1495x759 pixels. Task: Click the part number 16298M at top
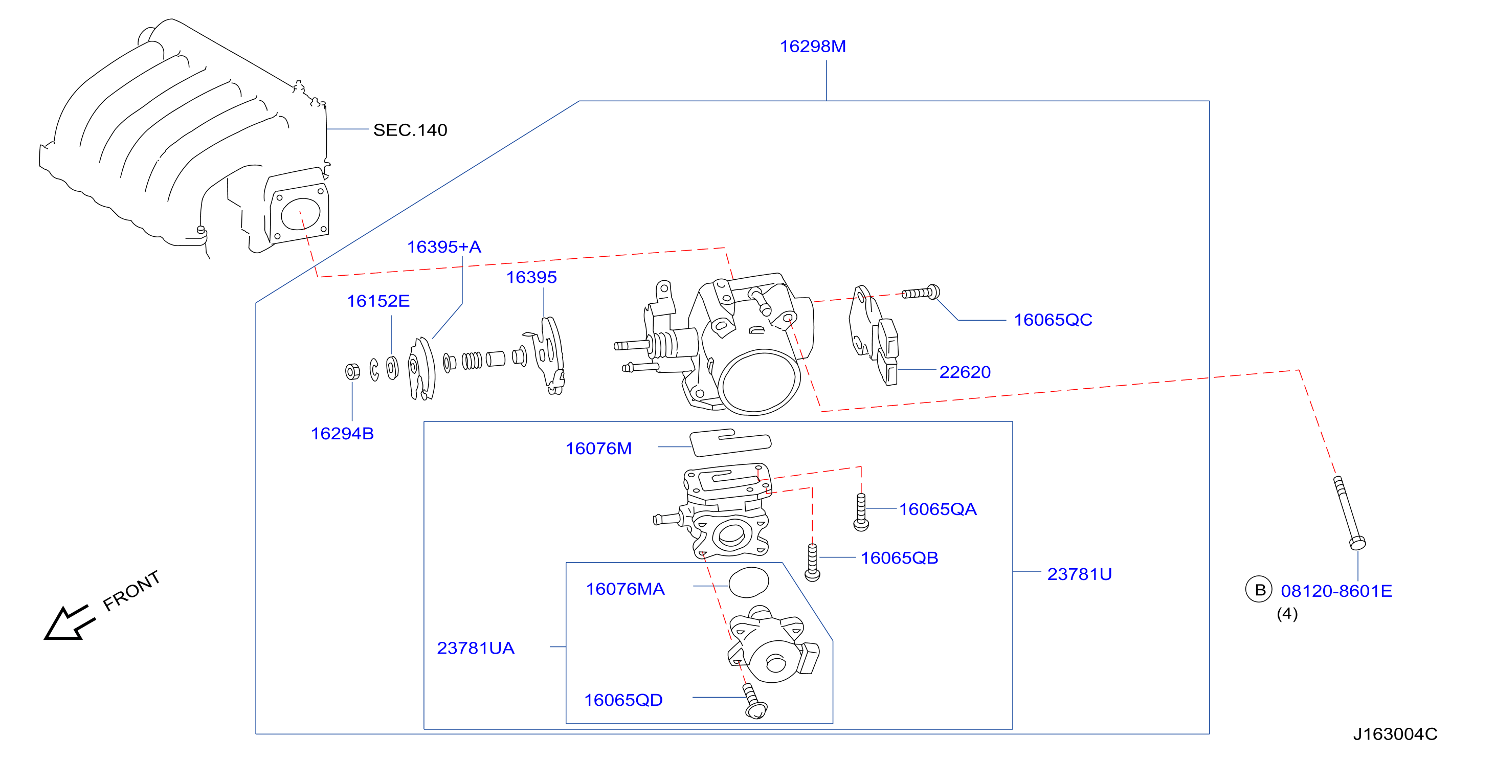tap(813, 47)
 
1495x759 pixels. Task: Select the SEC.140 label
tap(410, 130)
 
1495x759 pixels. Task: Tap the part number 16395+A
tap(444, 247)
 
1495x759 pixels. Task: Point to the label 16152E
tap(378, 301)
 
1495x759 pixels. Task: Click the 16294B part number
tap(342, 434)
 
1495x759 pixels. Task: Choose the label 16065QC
tap(1053, 320)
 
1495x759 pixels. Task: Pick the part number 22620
tap(965, 372)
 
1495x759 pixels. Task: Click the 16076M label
tap(598, 449)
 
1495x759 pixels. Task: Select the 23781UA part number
tap(476, 648)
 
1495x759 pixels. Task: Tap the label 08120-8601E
tap(1336, 591)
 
